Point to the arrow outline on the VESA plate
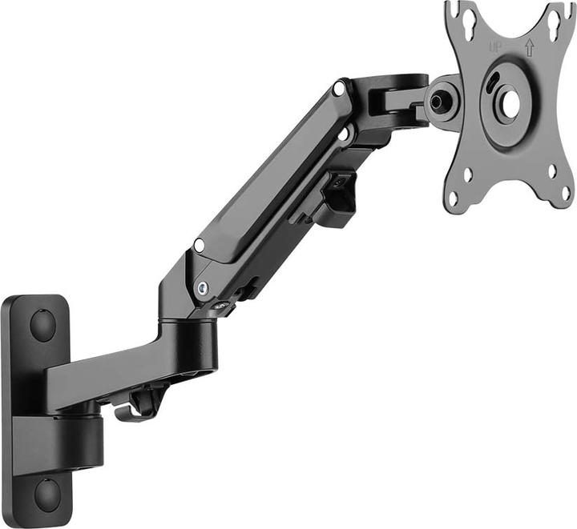(x=529, y=46)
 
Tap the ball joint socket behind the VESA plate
(x=438, y=102)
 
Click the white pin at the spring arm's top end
(x=341, y=90)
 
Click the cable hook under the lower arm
(x=133, y=409)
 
